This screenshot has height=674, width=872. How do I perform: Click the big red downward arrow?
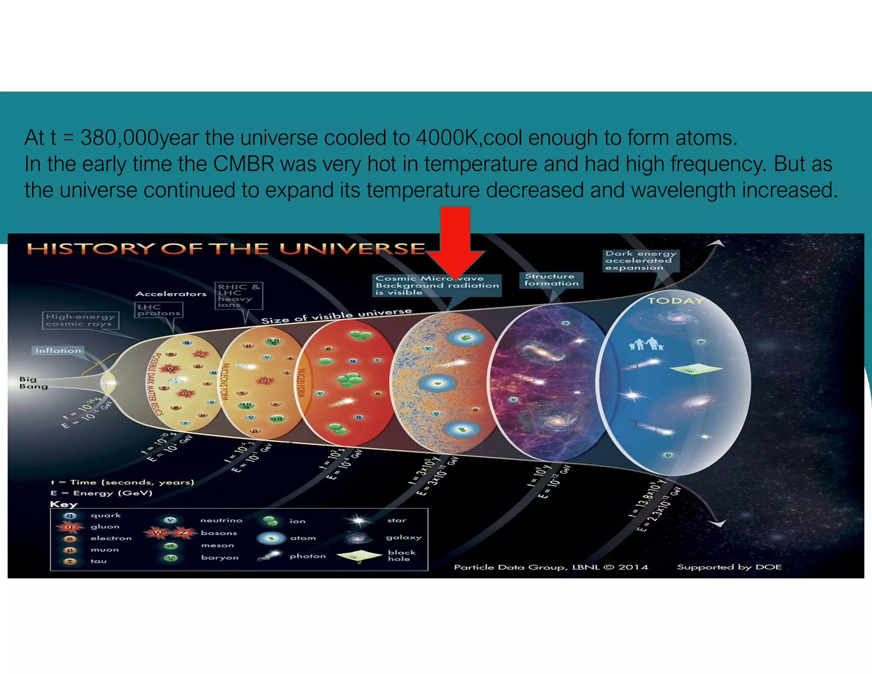[x=455, y=239]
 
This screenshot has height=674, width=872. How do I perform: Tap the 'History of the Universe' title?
[x=226, y=248]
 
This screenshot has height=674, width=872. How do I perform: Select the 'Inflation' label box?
[x=58, y=351]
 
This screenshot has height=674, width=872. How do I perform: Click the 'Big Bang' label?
[x=33, y=383]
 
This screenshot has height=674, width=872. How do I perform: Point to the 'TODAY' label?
[x=675, y=301]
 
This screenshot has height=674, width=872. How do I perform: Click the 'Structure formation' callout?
[x=551, y=280]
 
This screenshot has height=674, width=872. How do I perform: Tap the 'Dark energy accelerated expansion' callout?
[x=640, y=261]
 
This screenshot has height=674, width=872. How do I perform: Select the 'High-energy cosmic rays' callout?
[x=80, y=320]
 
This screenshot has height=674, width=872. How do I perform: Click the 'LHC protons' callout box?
[x=158, y=310]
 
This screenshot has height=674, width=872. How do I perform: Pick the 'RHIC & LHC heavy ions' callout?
[x=238, y=295]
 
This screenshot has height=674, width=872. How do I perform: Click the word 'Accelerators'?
[x=171, y=294]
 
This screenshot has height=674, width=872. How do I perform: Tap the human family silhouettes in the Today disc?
[x=646, y=344]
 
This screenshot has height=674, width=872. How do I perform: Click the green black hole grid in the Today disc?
[x=696, y=369]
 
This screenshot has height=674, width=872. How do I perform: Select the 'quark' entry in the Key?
[x=106, y=516]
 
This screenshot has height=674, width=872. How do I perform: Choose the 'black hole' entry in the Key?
[x=401, y=555]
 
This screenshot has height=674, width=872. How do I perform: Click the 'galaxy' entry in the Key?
[x=403, y=538]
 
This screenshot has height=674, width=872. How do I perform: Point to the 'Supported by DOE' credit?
[x=729, y=567]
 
